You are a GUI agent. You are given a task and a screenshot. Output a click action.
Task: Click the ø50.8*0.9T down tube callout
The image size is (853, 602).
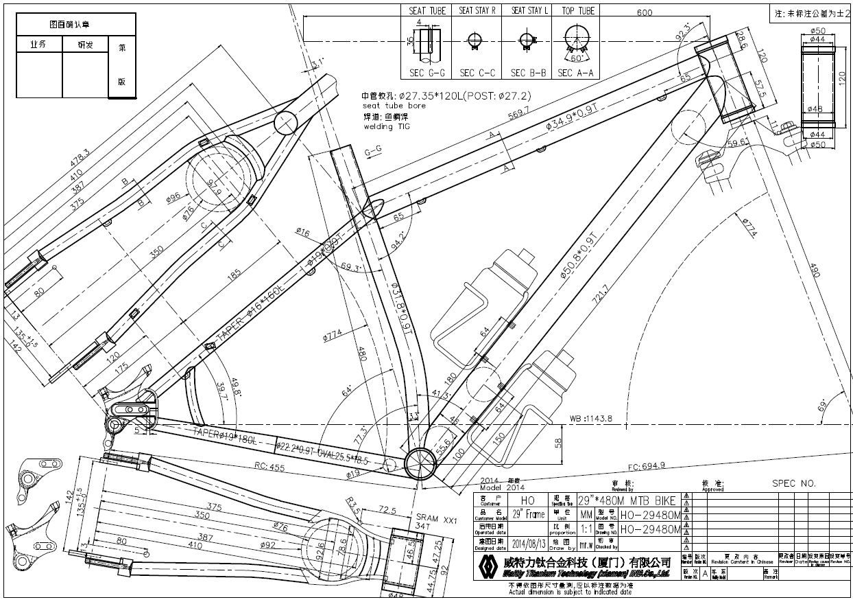coord(580,255)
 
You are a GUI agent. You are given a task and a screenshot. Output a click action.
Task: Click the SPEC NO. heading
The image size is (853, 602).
coord(793,483)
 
